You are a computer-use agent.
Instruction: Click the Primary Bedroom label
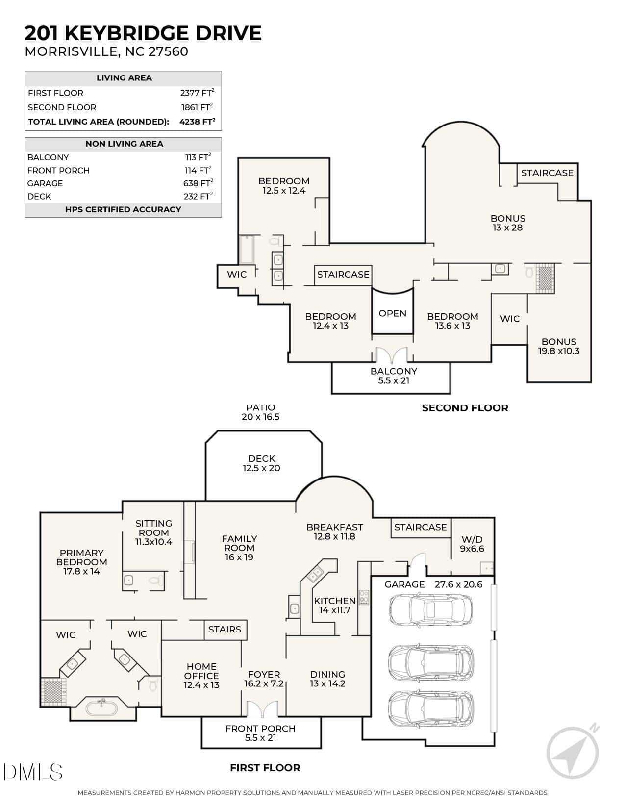pyautogui.click(x=81, y=562)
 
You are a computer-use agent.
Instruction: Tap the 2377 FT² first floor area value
pyautogui.click(x=197, y=93)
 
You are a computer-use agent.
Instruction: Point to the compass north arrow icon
pyautogui.click(x=573, y=752)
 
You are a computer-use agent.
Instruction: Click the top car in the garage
pyautogui.click(x=431, y=609)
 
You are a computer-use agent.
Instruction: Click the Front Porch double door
pyautogui.click(x=263, y=708)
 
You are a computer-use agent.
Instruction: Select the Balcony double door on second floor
pyautogui.click(x=392, y=355)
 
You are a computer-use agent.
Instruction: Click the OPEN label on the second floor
pyautogui.click(x=392, y=313)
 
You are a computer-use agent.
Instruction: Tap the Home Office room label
pyautogui.click(x=201, y=676)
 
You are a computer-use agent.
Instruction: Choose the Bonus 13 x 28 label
pyautogui.click(x=508, y=223)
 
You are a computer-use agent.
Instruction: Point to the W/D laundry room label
pyautogui.click(x=472, y=544)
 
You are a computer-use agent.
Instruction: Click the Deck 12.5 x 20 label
pyautogui.click(x=262, y=463)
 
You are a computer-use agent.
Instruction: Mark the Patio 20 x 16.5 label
pyautogui.click(x=261, y=412)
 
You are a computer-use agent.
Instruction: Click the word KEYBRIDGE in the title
pyautogui.click(x=127, y=33)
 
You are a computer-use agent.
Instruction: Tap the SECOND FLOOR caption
pyautogui.click(x=465, y=408)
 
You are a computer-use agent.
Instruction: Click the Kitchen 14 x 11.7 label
pyautogui.click(x=335, y=606)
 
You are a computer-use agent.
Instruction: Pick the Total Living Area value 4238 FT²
pyautogui.click(x=197, y=122)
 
